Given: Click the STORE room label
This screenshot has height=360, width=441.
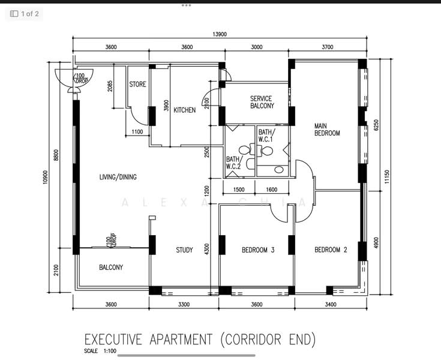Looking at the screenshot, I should (137, 85).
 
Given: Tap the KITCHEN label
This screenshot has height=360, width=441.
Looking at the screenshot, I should (184, 110).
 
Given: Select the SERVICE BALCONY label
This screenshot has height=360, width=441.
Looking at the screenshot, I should (261, 102).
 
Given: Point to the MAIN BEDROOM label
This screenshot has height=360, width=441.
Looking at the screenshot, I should (327, 130).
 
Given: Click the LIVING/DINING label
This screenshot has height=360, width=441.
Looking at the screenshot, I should (118, 177).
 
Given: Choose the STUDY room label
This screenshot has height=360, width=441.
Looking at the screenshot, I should (184, 250).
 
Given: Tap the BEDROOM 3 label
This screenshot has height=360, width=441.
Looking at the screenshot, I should (258, 250).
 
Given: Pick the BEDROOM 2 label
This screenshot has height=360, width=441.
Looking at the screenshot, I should (331, 250).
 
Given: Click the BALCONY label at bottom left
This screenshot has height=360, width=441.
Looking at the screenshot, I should (111, 268).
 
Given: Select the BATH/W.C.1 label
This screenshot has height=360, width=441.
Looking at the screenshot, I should (266, 136).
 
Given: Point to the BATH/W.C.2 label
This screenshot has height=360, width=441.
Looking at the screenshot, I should (233, 163).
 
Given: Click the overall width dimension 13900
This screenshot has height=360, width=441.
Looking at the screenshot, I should (219, 35).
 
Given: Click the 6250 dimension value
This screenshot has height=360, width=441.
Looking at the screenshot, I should (376, 125).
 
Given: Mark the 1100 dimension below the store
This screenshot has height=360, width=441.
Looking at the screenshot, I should (137, 132).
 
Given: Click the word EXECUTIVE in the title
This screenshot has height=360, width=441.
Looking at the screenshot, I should (117, 340).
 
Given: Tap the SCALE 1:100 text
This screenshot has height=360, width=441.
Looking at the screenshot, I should (100, 352).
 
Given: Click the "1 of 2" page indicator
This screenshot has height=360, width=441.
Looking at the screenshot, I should (25, 13).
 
